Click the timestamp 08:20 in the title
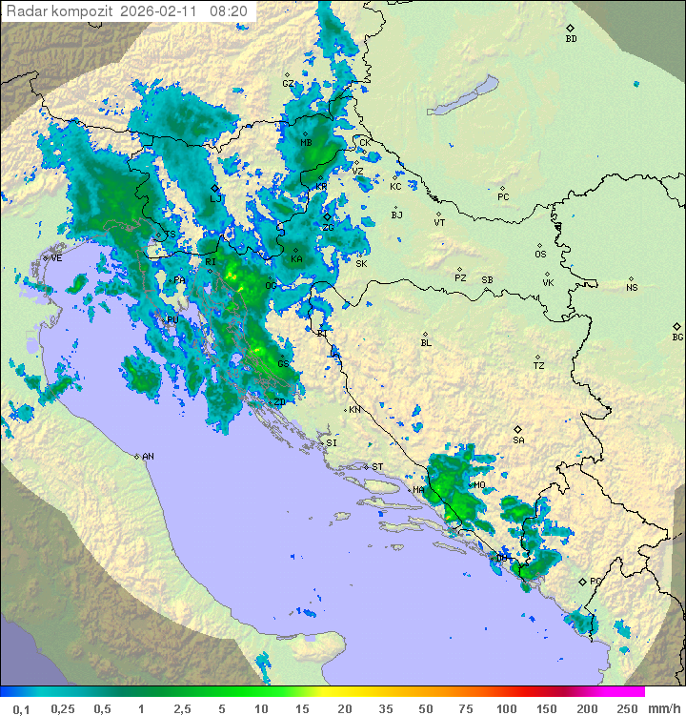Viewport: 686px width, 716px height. [229, 11]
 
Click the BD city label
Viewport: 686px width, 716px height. [571, 39]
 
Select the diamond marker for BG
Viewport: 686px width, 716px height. [677, 326]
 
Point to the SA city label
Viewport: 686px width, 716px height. [518, 440]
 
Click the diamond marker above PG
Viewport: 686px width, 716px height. [582, 581]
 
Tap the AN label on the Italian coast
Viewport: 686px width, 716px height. [148, 457]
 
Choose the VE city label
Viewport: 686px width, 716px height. [56, 258]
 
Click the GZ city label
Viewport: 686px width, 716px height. [288, 83]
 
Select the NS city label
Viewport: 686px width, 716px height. [632, 288]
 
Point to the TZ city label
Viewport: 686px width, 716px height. [539, 366]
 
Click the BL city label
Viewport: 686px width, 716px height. [426, 343]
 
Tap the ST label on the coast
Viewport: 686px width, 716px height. [377, 467]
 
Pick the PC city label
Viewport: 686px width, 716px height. [503, 197]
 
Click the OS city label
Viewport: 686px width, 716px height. [540, 255]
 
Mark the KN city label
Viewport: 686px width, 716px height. [354, 410]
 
